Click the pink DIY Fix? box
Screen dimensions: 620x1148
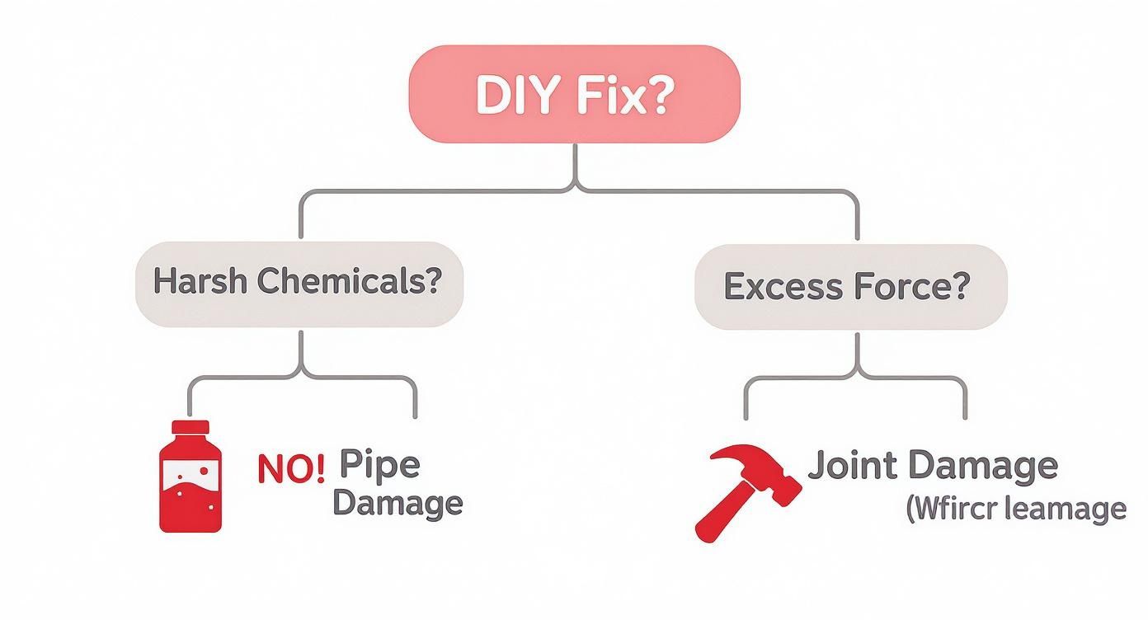(575, 94)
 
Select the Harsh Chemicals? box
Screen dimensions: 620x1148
(299, 284)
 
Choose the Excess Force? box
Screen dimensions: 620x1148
(850, 286)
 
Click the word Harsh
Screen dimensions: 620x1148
(200, 282)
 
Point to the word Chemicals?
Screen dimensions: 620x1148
(348, 282)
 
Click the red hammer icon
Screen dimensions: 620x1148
(746, 491)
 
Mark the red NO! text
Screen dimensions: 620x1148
(290, 468)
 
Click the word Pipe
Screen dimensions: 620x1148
(379, 465)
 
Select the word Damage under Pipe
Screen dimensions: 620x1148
(397, 503)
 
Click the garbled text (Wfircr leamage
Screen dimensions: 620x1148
(1016, 508)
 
